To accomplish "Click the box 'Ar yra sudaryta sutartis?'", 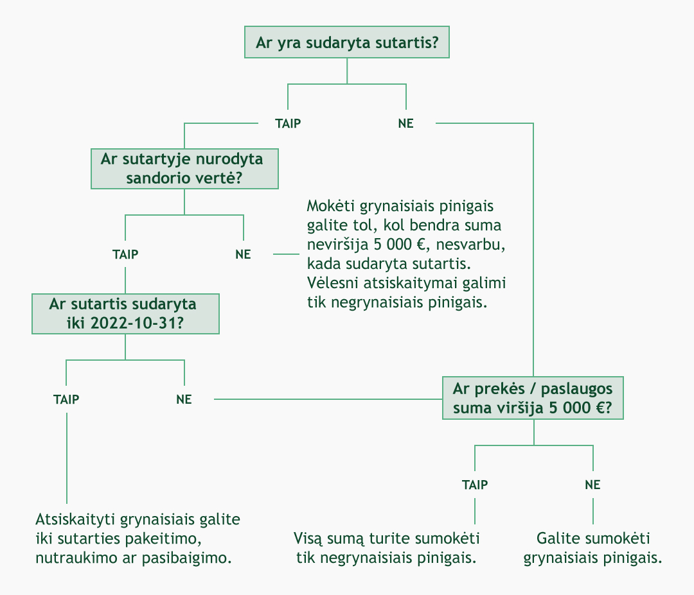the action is [347, 42].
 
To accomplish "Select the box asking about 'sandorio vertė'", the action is [184, 169].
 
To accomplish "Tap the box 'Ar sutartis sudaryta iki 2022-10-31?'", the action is [125, 314].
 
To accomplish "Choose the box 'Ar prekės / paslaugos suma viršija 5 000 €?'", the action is [533, 398].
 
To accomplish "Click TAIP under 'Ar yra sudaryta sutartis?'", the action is [288, 123].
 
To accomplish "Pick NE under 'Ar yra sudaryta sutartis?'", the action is [406, 123].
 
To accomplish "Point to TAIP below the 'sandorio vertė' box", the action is [125, 254].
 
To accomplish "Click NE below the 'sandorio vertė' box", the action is [243, 254].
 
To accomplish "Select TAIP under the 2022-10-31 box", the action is [66, 399].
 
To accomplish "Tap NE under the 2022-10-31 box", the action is [184, 399].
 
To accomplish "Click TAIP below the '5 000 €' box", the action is [475, 485].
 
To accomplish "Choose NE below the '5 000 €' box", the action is [592, 485].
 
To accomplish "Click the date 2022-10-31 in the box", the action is [137, 323].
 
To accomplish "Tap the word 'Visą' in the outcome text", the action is [308, 539].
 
